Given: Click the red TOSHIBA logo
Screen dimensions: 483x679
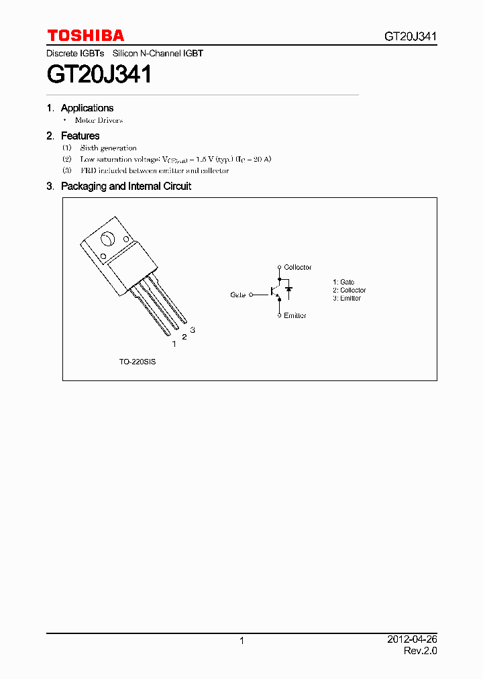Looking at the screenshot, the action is click(85, 36).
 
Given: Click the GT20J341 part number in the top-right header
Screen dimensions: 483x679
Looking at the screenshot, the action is click(411, 36).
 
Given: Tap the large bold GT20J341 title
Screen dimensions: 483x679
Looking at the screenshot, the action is click(99, 74).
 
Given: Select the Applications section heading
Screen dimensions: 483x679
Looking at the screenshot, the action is click(87, 108).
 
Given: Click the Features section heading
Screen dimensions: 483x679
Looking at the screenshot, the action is click(80, 136).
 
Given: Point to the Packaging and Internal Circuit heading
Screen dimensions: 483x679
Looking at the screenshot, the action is click(125, 187).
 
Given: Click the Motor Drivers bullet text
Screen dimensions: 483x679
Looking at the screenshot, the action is click(99, 121).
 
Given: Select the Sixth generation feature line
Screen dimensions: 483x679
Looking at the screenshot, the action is click(108, 148).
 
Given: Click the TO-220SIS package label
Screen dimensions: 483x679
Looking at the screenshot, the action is click(138, 362).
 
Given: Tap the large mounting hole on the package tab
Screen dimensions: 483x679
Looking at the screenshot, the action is click(107, 239).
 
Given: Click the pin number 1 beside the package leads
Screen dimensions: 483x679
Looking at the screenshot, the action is click(174, 344).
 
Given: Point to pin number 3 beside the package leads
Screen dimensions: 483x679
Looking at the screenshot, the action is click(193, 329).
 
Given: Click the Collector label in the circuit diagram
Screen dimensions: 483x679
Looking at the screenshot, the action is click(297, 268).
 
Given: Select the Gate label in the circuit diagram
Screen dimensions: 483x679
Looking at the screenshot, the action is click(238, 295).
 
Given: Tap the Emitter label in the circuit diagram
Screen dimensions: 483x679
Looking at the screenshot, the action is click(294, 315).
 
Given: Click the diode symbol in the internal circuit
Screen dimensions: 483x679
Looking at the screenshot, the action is click(288, 291).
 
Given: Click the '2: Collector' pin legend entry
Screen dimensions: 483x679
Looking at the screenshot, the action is click(349, 291).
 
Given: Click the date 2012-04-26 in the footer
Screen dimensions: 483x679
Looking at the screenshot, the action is click(412, 640).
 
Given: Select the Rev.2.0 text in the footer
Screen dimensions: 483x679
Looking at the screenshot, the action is click(420, 651).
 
